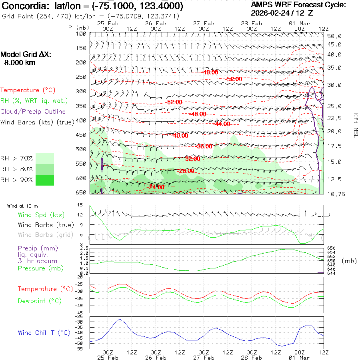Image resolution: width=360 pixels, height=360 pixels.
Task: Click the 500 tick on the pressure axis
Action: pos(81,149)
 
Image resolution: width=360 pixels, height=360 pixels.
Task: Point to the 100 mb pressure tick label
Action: pos(81,34)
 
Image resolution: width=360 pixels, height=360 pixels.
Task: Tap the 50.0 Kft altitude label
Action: pos(334,36)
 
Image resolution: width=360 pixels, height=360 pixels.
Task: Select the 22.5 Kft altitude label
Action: pos(334,118)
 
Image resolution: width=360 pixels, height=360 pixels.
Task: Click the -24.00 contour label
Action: pos(156,187)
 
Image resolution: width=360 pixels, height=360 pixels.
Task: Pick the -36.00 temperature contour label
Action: pos(204,146)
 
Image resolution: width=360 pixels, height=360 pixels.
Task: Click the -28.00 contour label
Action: pos(186,171)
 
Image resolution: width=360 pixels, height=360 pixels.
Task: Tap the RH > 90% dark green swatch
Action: pos(45,180)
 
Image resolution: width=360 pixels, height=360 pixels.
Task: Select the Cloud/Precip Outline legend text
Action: pos(33,112)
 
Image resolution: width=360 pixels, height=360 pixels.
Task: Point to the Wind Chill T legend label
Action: pos(44,333)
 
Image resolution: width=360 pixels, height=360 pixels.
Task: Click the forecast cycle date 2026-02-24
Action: pos(273,13)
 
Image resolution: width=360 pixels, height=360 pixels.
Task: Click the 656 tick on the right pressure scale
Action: pos(332,248)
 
